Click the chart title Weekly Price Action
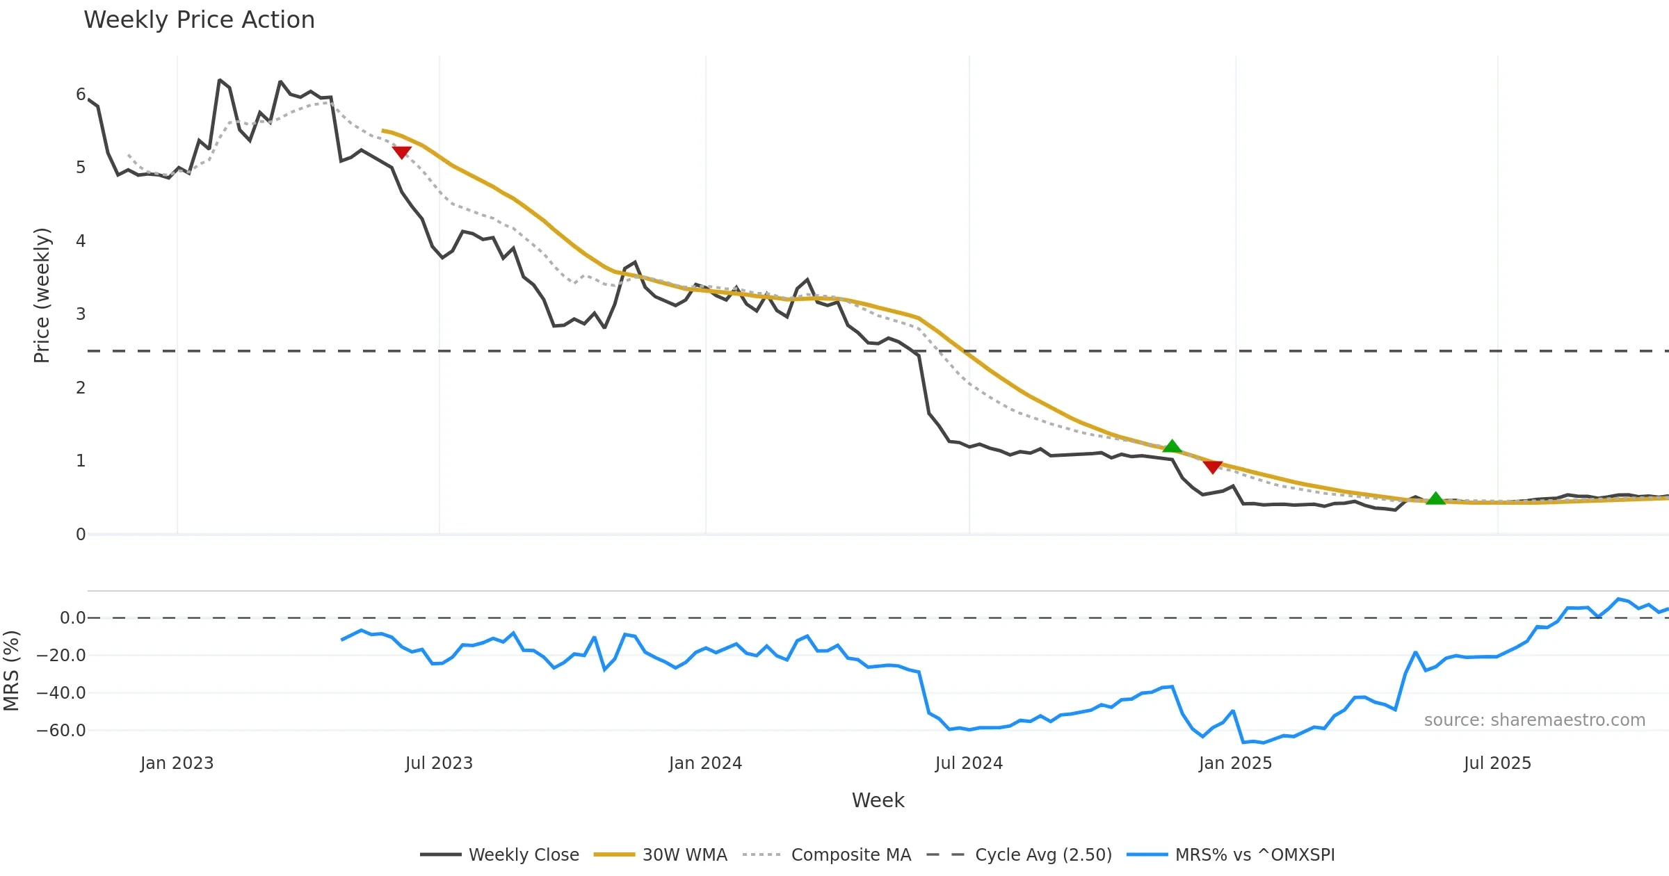click(199, 20)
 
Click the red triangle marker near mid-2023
click(401, 152)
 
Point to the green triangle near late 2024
click(1172, 446)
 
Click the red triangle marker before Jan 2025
click(1213, 467)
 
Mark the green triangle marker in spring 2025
click(1435, 498)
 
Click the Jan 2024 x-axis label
click(705, 763)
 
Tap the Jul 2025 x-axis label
click(1497, 763)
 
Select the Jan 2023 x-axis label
click(177, 763)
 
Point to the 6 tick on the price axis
click(81, 95)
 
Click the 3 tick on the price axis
click(81, 314)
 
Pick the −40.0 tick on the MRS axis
click(61, 693)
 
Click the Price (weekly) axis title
click(42, 295)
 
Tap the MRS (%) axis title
click(11, 671)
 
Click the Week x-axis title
click(878, 801)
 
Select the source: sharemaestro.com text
click(1534, 720)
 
